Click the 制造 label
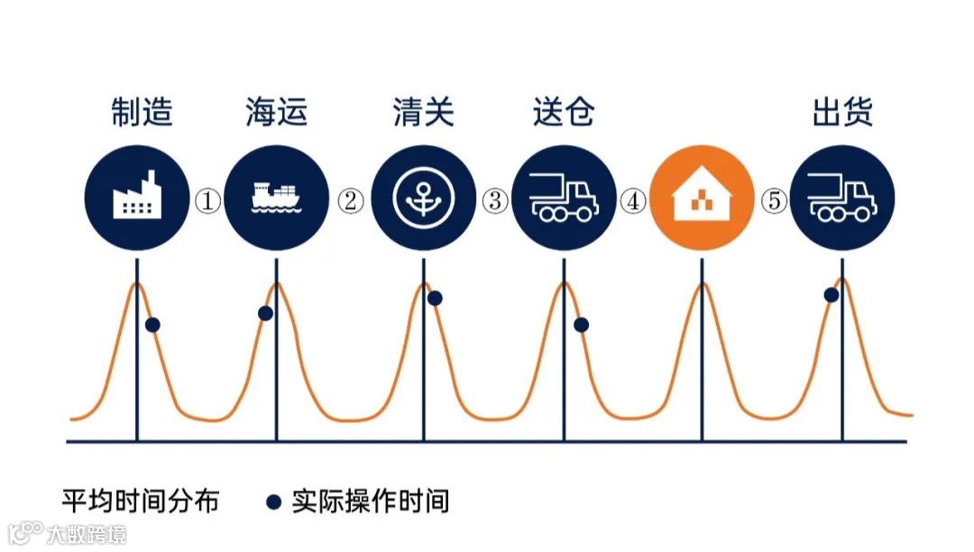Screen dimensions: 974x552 pos(142,113)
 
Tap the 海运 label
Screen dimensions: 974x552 pos(276,113)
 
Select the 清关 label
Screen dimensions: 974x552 pos(423,113)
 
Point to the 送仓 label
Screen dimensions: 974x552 pos(564,113)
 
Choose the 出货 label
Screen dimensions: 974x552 pos(842,113)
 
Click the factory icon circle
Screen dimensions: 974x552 pos(136,198)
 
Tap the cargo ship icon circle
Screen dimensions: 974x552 pos(276,198)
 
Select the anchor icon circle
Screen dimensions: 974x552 pos(423,198)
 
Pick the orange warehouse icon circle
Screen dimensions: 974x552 pos(702,198)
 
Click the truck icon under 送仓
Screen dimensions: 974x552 pos(564,198)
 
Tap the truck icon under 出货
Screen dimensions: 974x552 pos(842,198)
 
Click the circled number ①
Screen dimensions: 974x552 pos(208,201)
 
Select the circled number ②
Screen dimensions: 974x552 pos(350,201)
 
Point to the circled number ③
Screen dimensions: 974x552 pos(493,201)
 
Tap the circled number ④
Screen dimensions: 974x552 pos(633,201)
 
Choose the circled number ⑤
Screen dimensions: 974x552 pos(773,201)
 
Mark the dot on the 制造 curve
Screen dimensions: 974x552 pos(152,325)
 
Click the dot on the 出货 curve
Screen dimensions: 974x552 pos(832,295)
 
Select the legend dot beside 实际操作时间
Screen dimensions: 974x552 pos(274,501)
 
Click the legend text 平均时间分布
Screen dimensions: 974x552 pos(140,501)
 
